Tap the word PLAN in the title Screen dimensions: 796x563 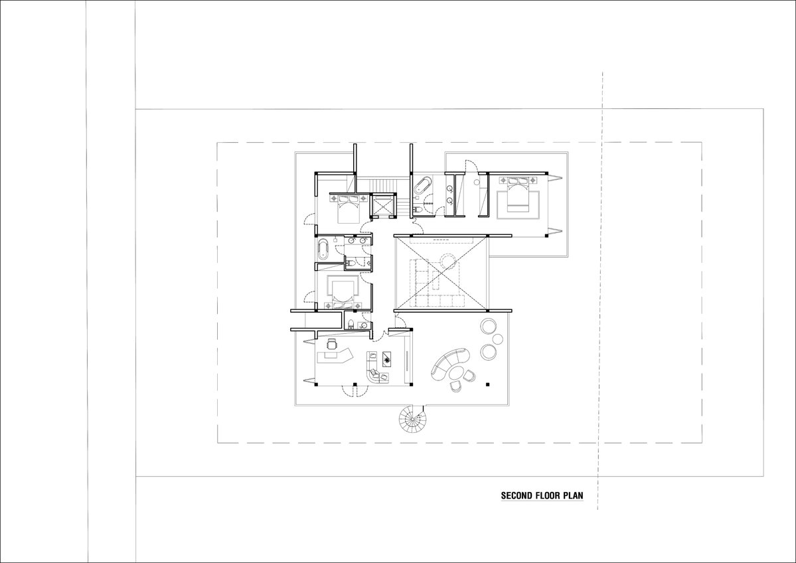(x=574, y=495)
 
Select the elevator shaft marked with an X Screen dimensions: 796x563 (x=384, y=205)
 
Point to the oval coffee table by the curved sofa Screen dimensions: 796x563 (x=455, y=372)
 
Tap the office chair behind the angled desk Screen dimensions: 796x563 (x=332, y=345)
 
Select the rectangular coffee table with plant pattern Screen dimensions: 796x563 (x=388, y=360)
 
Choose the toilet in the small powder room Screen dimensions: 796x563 (x=351, y=325)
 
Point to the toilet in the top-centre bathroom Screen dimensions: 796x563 (x=417, y=209)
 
